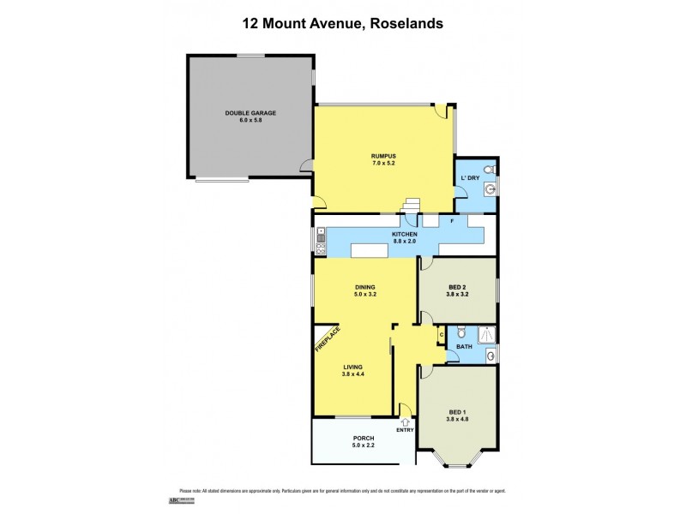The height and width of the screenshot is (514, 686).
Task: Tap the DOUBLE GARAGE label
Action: [250, 117]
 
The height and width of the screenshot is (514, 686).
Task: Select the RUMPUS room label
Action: [382, 158]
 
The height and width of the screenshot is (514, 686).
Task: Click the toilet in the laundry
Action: [488, 169]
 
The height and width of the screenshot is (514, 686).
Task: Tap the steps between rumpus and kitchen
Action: [412, 206]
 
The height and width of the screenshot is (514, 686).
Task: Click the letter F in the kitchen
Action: [452, 221]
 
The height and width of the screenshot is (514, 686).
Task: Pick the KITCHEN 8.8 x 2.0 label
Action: [405, 238]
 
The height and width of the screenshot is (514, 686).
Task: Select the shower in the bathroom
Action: [485, 333]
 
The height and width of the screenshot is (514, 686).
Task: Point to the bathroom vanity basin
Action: [490, 355]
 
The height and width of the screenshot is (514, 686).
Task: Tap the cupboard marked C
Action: [441, 334]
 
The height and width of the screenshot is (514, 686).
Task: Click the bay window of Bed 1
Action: [457, 461]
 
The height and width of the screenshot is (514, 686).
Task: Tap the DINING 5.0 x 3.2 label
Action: [366, 290]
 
